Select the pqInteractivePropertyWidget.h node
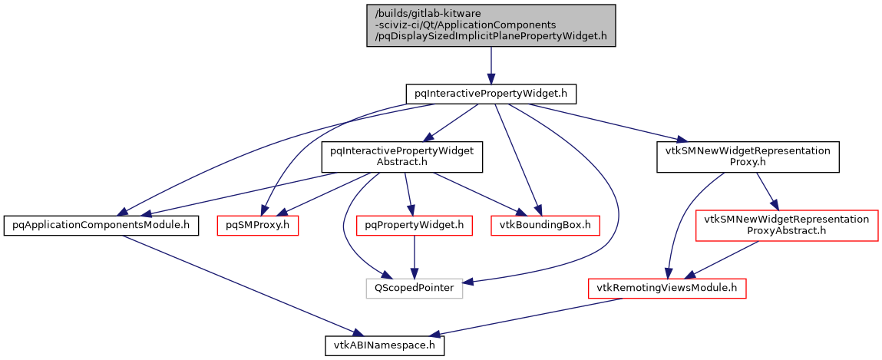pyautogui.click(x=491, y=94)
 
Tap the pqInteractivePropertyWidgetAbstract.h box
pyautogui.click(x=401, y=157)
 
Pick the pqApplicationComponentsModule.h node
pyautogui.click(x=101, y=225)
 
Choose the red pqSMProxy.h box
pyautogui.click(x=257, y=225)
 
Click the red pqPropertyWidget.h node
pyautogui.click(x=415, y=225)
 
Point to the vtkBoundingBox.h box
pyautogui.click(x=545, y=225)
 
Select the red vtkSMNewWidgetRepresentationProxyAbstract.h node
pyautogui.click(x=786, y=225)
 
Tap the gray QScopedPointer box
pyautogui.click(x=414, y=289)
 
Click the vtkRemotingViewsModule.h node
pyautogui.click(x=667, y=289)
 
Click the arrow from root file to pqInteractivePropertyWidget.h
pyautogui.click(x=491, y=64)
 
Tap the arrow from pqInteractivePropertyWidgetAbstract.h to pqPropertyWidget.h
pyautogui.click(x=408, y=192)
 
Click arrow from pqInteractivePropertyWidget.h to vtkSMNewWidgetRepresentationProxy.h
pyautogui.click(x=606, y=123)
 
